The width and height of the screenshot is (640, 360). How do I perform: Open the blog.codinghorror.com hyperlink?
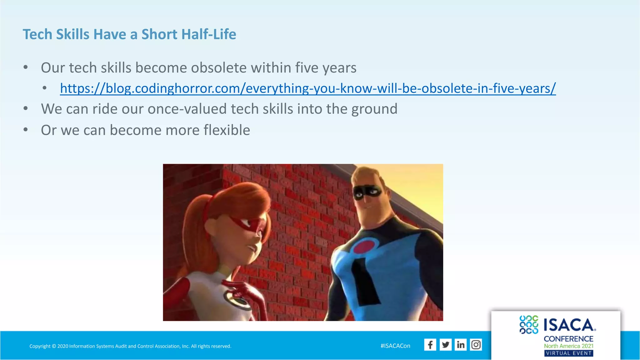307,88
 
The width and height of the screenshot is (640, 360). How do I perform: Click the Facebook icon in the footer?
430,345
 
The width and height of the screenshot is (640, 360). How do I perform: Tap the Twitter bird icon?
445,345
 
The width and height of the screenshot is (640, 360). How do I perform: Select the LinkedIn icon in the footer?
461,345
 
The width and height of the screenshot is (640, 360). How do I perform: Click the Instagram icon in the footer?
476,345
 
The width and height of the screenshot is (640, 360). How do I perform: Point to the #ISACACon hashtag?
395,346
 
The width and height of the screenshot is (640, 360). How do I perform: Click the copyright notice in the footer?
130,346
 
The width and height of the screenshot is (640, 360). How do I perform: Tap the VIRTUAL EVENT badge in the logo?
568,353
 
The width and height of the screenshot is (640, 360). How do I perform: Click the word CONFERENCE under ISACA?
568,339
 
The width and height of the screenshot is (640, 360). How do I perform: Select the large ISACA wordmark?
569,325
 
